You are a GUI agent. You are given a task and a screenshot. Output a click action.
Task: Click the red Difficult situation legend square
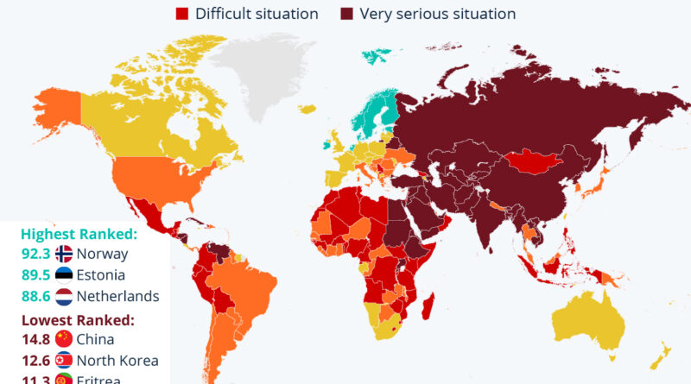pyautogui.click(x=181, y=14)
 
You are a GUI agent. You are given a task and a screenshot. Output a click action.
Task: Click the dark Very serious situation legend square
pyautogui.click(x=346, y=14)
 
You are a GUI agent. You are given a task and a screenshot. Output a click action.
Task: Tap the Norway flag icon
pyautogui.click(x=64, y=254)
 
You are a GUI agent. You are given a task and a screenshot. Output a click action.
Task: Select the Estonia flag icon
pyautogui.click(x=64, y=275)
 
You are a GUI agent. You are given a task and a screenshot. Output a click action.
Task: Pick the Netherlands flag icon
pyautogui.click(x=64, y=296)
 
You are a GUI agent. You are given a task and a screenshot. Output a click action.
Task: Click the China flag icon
pyautogui.click(x=64, y=339)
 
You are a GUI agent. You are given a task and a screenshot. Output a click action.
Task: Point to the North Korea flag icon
pyautogui.click(x=64, y=361)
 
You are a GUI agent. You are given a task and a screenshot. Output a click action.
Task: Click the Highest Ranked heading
pyautogui.click(x=79, y=233)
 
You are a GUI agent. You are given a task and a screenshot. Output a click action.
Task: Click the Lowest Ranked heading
pyautogui.click(x=77, y=319)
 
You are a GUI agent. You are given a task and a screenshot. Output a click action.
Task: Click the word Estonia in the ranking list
pyautogui.click(x=100, y=275)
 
